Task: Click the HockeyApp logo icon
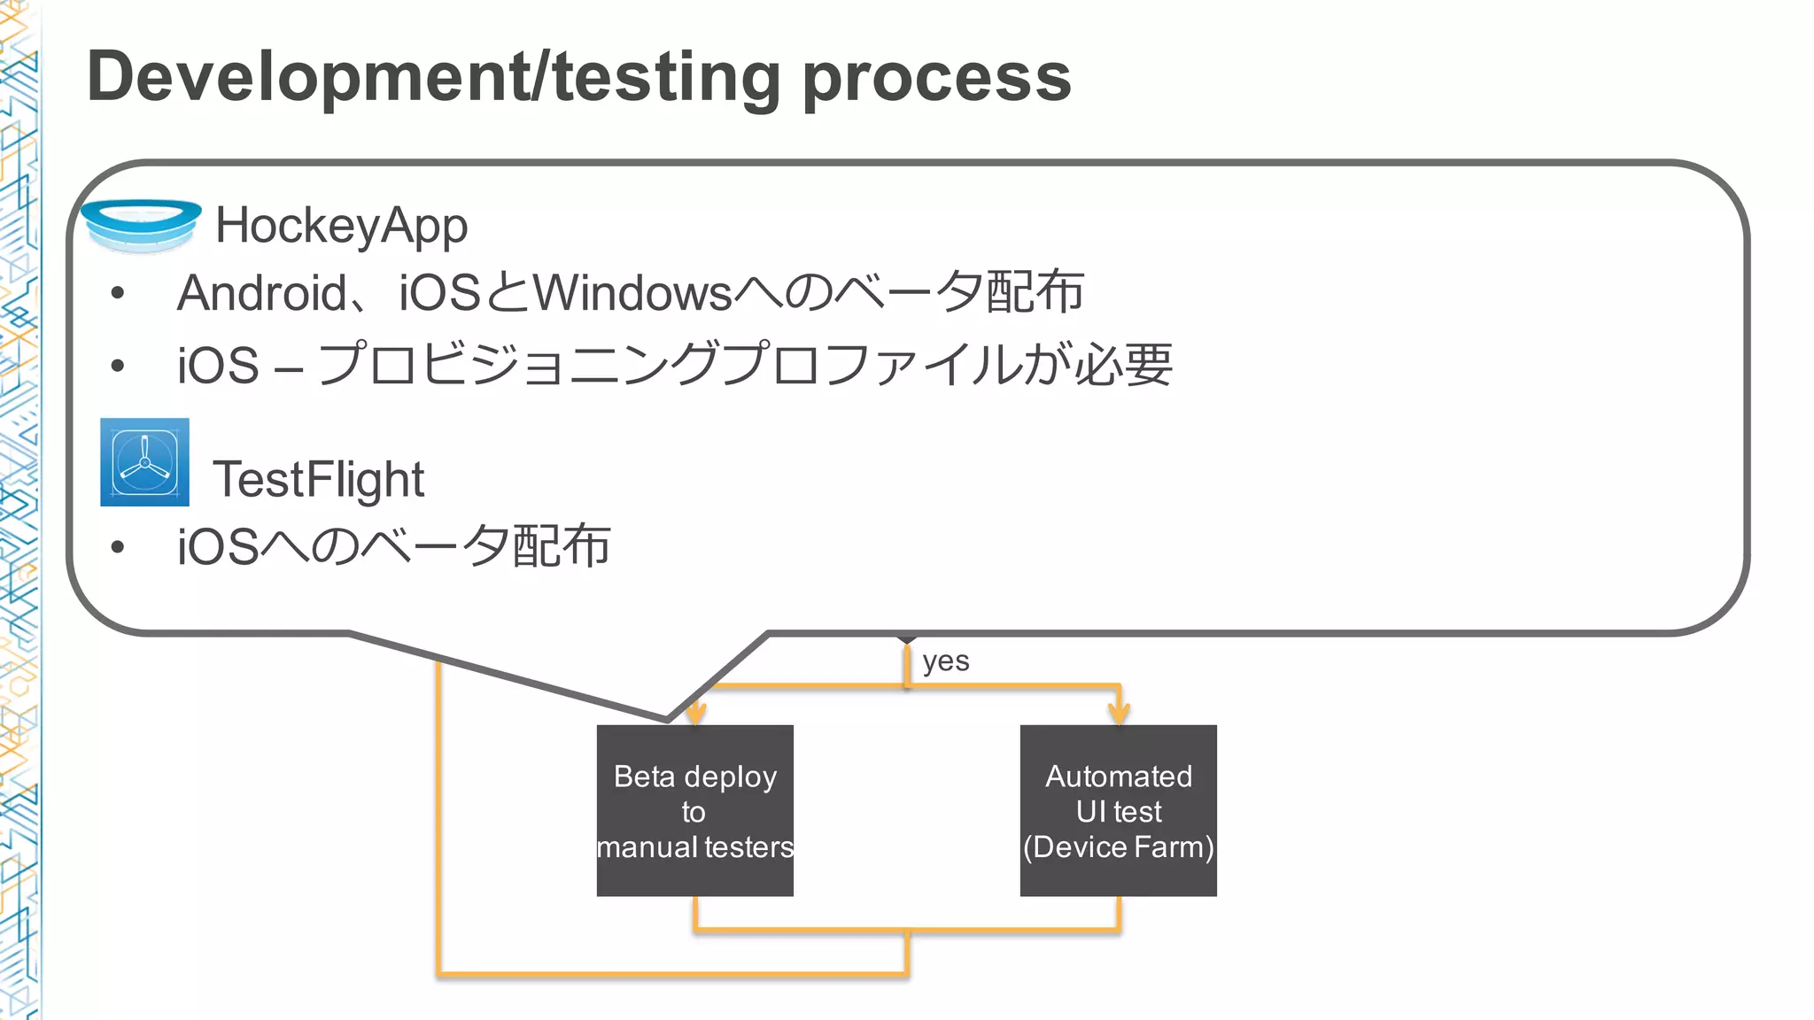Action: click(x=142, y=225)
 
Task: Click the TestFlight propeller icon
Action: click(x=144, y=462)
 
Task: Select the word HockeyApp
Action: click(x=341, y=226)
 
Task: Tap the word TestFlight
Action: click(x=318, y=479)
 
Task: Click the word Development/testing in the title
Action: click(x=433, y=78)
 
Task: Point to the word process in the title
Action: click(x=936, y=78)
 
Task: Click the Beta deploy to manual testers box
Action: click(x=694, y=810)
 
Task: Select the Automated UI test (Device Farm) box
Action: click(x=1118, y=810)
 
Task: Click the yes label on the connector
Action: click(x=945, y=661)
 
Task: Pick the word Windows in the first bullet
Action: click(x=632, y=293)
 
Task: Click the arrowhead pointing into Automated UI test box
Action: click(x=1120, y=714)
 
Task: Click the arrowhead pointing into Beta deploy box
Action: click(x=696, y=714)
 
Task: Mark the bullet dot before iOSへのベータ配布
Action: click(x=118, y=547)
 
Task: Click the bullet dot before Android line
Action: click(x=118, y=294)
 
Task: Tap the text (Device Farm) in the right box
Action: click(x=1118, y=847)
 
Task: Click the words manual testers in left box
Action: click(x=694, y=847)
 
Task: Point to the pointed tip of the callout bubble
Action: click(x=667, y=719)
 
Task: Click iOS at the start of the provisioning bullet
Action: click(x=218, y=366)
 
